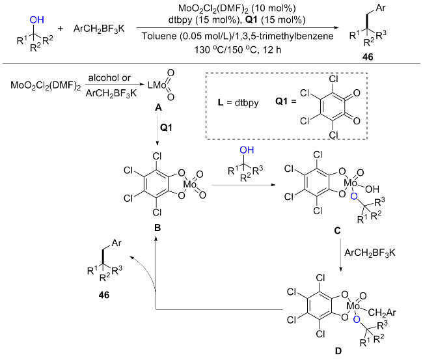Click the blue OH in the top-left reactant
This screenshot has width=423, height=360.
(36, 20)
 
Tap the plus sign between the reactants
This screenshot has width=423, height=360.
(61, 29)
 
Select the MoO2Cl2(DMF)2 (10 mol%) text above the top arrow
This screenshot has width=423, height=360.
(237, 8)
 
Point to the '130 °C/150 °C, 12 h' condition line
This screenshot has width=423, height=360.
(238, 50)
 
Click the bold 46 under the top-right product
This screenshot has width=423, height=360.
(368, 57)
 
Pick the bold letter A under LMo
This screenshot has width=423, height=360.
(158, 107)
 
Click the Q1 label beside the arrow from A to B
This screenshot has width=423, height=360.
(166, 128)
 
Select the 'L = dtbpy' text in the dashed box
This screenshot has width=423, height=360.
(238, 103)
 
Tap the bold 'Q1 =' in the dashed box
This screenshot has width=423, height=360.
(286, 101)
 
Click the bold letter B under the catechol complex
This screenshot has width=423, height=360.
(157, 228)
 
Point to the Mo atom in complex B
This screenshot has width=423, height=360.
(190, 185)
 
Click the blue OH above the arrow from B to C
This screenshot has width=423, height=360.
(247, 150)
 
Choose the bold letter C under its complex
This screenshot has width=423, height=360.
(338, 230)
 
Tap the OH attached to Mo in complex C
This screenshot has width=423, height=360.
(372, 189)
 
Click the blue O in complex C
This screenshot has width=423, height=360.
(354, 197)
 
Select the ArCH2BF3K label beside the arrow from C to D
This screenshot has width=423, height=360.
(370, 253)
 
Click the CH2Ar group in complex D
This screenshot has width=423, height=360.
(382, 312)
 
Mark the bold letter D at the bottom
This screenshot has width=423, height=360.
(338, 351)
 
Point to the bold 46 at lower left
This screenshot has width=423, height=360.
(104, 295)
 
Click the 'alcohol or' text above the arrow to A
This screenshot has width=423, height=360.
(109, 77)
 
